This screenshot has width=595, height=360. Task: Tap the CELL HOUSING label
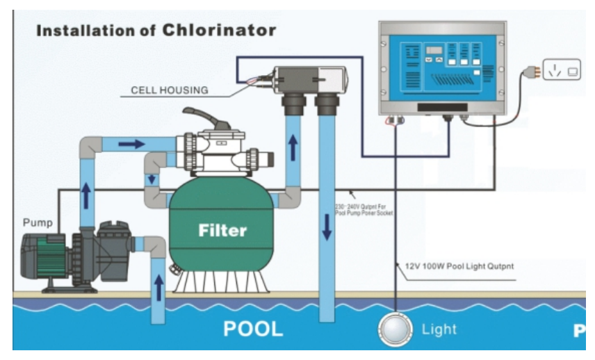click(169, 90)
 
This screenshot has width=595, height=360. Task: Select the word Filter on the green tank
click(222, 229)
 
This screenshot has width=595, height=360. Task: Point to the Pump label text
click(38, 224)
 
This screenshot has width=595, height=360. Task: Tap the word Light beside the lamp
click(439, 329)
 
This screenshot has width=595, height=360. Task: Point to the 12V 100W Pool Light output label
click(452, 265)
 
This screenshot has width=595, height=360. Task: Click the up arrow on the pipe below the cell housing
click(293, 147)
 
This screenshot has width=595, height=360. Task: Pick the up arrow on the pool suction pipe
click(159, 285)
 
